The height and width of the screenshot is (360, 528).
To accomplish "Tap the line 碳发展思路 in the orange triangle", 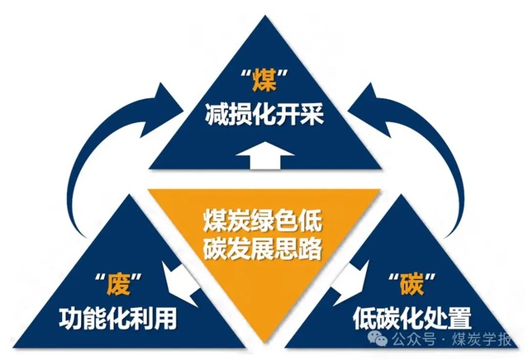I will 264,247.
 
